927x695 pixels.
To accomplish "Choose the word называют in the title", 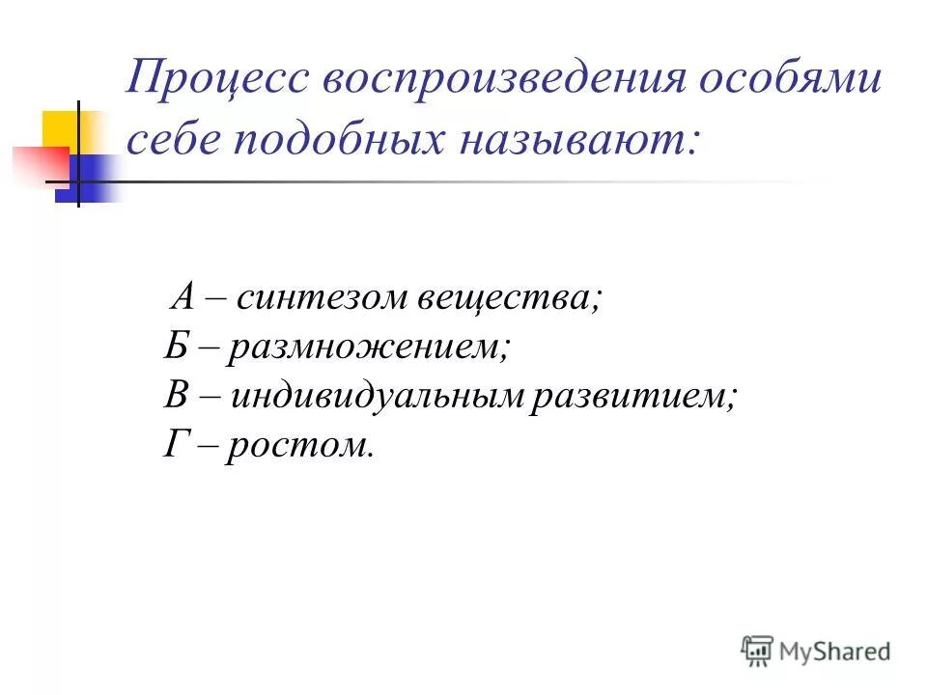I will (578, 141).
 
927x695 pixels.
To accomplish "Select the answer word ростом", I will (299, 446).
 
